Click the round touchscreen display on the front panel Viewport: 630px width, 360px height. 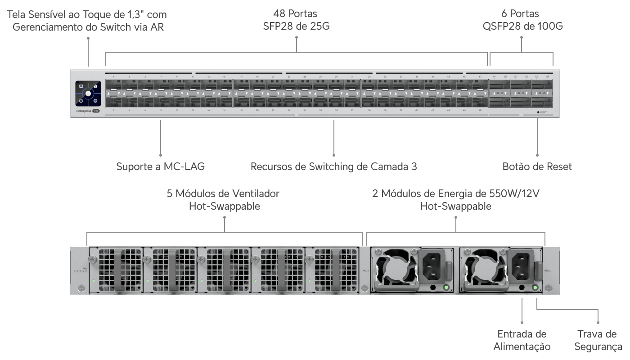click(x=88, y=94)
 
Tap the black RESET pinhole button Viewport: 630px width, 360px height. click(x=538, y=112)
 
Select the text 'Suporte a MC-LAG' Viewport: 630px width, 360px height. click(x=161, y=166)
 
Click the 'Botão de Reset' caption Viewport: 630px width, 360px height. click(x=537, y=166)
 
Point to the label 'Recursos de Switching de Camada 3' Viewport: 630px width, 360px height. click(x=333, y=166)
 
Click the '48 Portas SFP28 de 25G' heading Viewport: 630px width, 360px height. click(x=297, y=20)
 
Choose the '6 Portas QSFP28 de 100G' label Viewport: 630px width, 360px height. click(x=522, y=20)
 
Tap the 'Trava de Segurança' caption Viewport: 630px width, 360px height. click(x=598, y=340)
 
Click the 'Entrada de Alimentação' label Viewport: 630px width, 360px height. click(x=522, y=340)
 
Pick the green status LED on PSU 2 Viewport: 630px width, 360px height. click(x=535, y=287)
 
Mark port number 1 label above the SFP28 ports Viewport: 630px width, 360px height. click(x=113, y=77)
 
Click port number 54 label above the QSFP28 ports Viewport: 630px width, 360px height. click(x=547, y=77)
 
